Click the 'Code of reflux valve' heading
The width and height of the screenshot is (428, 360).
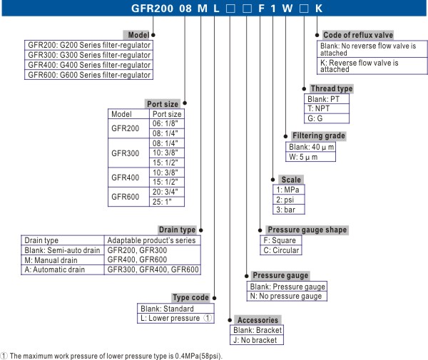coord(358,35)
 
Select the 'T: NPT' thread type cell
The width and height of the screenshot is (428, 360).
coord(327,108)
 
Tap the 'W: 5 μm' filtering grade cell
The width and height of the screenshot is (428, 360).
coord(310,157)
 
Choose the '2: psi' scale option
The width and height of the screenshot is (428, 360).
coord(289,200)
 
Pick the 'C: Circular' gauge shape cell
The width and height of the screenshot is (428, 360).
coord(281,250)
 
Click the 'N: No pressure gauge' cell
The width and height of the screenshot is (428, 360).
coord(287,296)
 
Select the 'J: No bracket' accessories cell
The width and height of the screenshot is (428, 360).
coord(257,340)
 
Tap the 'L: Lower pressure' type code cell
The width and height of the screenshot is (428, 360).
coord(175,318)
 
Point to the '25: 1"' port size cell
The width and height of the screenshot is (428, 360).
coord(167,202)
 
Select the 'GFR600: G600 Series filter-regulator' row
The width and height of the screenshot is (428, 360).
coord(88,75)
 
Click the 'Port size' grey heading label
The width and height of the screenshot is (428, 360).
coord(163,104)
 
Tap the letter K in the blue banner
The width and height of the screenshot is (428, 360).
coord(319,9)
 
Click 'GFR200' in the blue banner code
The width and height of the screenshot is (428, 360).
coord(152,9)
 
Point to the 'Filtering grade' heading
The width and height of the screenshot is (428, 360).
coord(319,136)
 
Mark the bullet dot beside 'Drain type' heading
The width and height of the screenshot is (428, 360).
coord(201,230)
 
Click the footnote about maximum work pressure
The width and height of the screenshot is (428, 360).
coord(112,356)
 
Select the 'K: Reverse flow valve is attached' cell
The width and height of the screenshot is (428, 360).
coord(372,66)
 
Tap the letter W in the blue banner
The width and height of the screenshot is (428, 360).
coord(287,9)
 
